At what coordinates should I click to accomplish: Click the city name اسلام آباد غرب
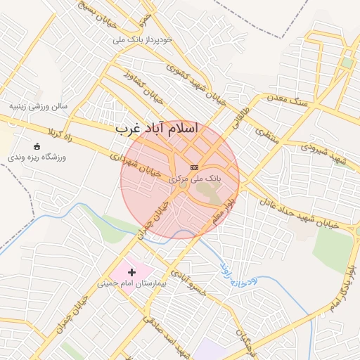coord(157,129)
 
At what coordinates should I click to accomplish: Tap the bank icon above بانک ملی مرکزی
coord(195,167)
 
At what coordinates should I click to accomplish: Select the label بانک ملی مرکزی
coord(195,179)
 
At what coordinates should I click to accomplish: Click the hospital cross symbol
coord(131,271)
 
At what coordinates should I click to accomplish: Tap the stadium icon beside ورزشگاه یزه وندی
coord(37,146)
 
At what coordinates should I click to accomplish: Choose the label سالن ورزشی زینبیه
coord(38,107)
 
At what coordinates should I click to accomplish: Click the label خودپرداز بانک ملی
coord(152,40)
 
